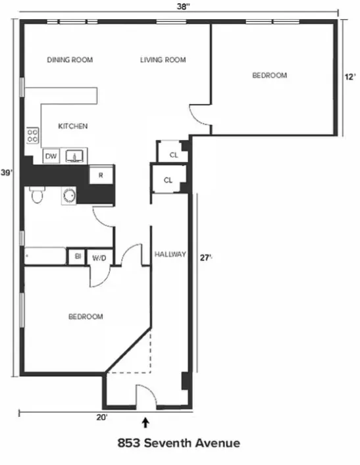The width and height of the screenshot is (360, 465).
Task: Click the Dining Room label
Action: click(x=70, y=60)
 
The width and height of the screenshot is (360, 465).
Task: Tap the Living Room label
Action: click(x=163, y=60)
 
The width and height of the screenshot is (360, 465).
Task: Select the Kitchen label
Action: click(x=73, y=126)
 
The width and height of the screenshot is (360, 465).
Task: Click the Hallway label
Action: click(x=170, y=254)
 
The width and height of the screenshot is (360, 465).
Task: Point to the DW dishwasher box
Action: click(x=51, y=157)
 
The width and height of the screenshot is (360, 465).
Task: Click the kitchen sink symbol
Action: click(x=76, y=157)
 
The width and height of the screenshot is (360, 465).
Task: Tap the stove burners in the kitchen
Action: click(x=32, y=135)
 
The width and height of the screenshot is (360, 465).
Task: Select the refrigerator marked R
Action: click(x=101, y=175)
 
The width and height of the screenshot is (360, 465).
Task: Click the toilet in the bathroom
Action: click(x=36, y=195)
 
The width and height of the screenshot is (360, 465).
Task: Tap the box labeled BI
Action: click(x=77, y=257)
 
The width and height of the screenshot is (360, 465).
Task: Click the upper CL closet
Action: click(x=174, y=155)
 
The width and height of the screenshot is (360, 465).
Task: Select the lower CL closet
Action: click(x=168, y=180)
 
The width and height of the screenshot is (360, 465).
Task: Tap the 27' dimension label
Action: click(x=206, y=258)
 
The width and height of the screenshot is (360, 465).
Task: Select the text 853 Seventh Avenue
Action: click(x=178, y=443)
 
